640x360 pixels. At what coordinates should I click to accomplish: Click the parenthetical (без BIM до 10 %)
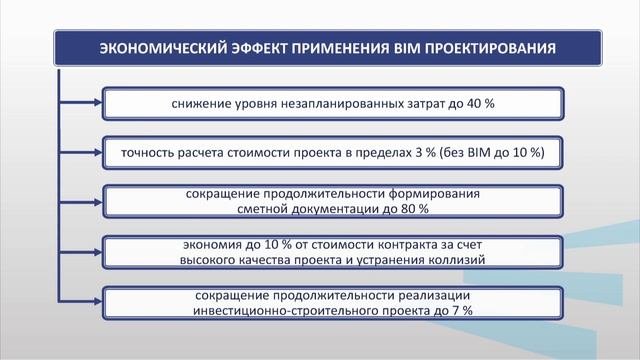(486, 152)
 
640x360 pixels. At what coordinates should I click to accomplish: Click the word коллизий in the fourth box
(454, 260)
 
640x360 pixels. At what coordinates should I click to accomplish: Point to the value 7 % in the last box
(461, 311)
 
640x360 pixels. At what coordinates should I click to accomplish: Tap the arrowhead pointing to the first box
(97, 102)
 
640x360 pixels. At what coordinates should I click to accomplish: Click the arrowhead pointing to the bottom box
(97, 303)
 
